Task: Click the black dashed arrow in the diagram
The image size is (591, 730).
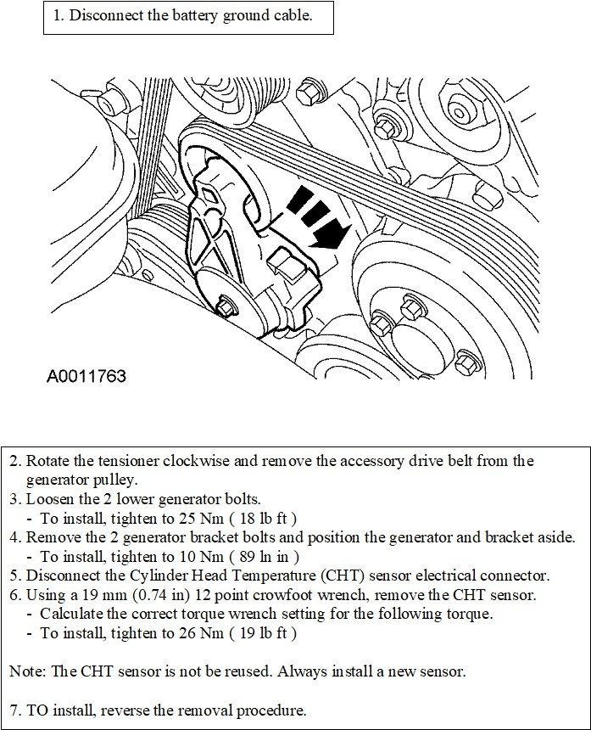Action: (315, 216)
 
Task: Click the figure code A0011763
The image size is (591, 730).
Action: (86, 374)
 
